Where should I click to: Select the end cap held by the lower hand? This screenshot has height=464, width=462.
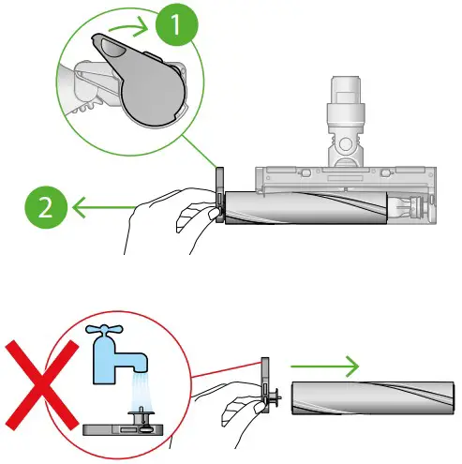coord(267,393)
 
